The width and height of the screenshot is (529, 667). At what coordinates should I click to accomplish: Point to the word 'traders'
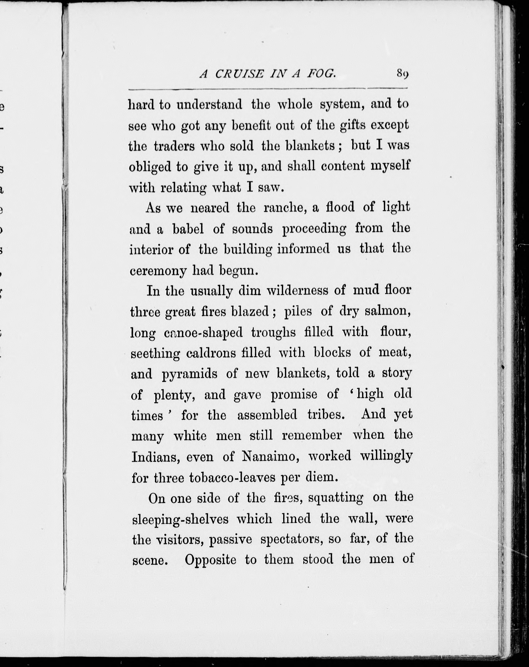pos(174,146)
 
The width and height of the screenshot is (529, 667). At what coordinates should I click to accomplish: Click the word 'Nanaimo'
pos(270,456)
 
